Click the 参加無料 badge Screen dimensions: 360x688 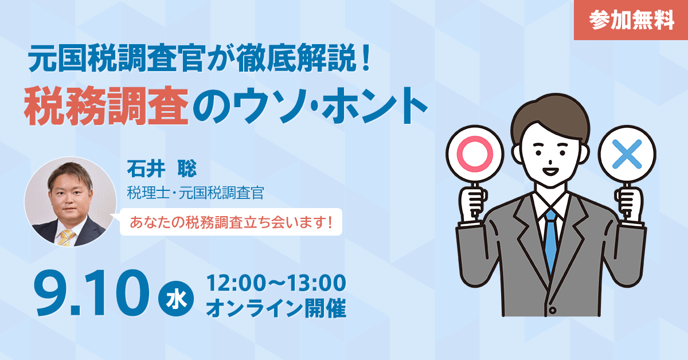tap(631, 20)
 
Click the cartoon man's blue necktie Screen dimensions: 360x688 tap(550, 241)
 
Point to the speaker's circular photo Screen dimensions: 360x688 tap(71, 202)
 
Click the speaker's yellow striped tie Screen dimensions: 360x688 tap(66, 238)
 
